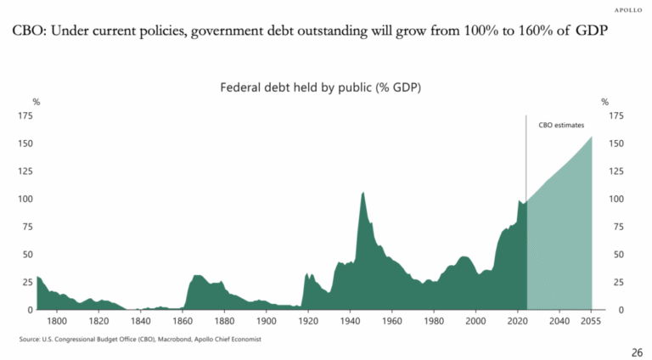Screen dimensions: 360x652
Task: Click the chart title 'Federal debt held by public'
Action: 321,87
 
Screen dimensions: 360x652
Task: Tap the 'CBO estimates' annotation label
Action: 561,125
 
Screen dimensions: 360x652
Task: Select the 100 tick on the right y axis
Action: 616,199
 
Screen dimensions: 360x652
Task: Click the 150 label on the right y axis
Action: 616,143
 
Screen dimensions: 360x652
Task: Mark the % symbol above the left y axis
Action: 36,102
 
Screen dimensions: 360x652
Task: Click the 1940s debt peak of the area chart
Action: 363,193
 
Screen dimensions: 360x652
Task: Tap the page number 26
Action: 636,352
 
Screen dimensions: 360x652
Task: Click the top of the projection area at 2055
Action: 591,138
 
